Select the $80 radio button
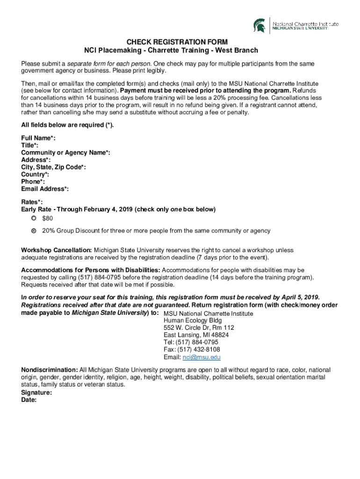point(34,218)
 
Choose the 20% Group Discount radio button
point(34,231)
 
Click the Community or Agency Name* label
point(65,152)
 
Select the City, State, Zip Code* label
point(53,167)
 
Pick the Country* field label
point(35,174)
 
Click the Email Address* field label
point(45,189)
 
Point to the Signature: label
point(36,393)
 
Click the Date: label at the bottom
point(29,400)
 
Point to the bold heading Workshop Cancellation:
point(57,250)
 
